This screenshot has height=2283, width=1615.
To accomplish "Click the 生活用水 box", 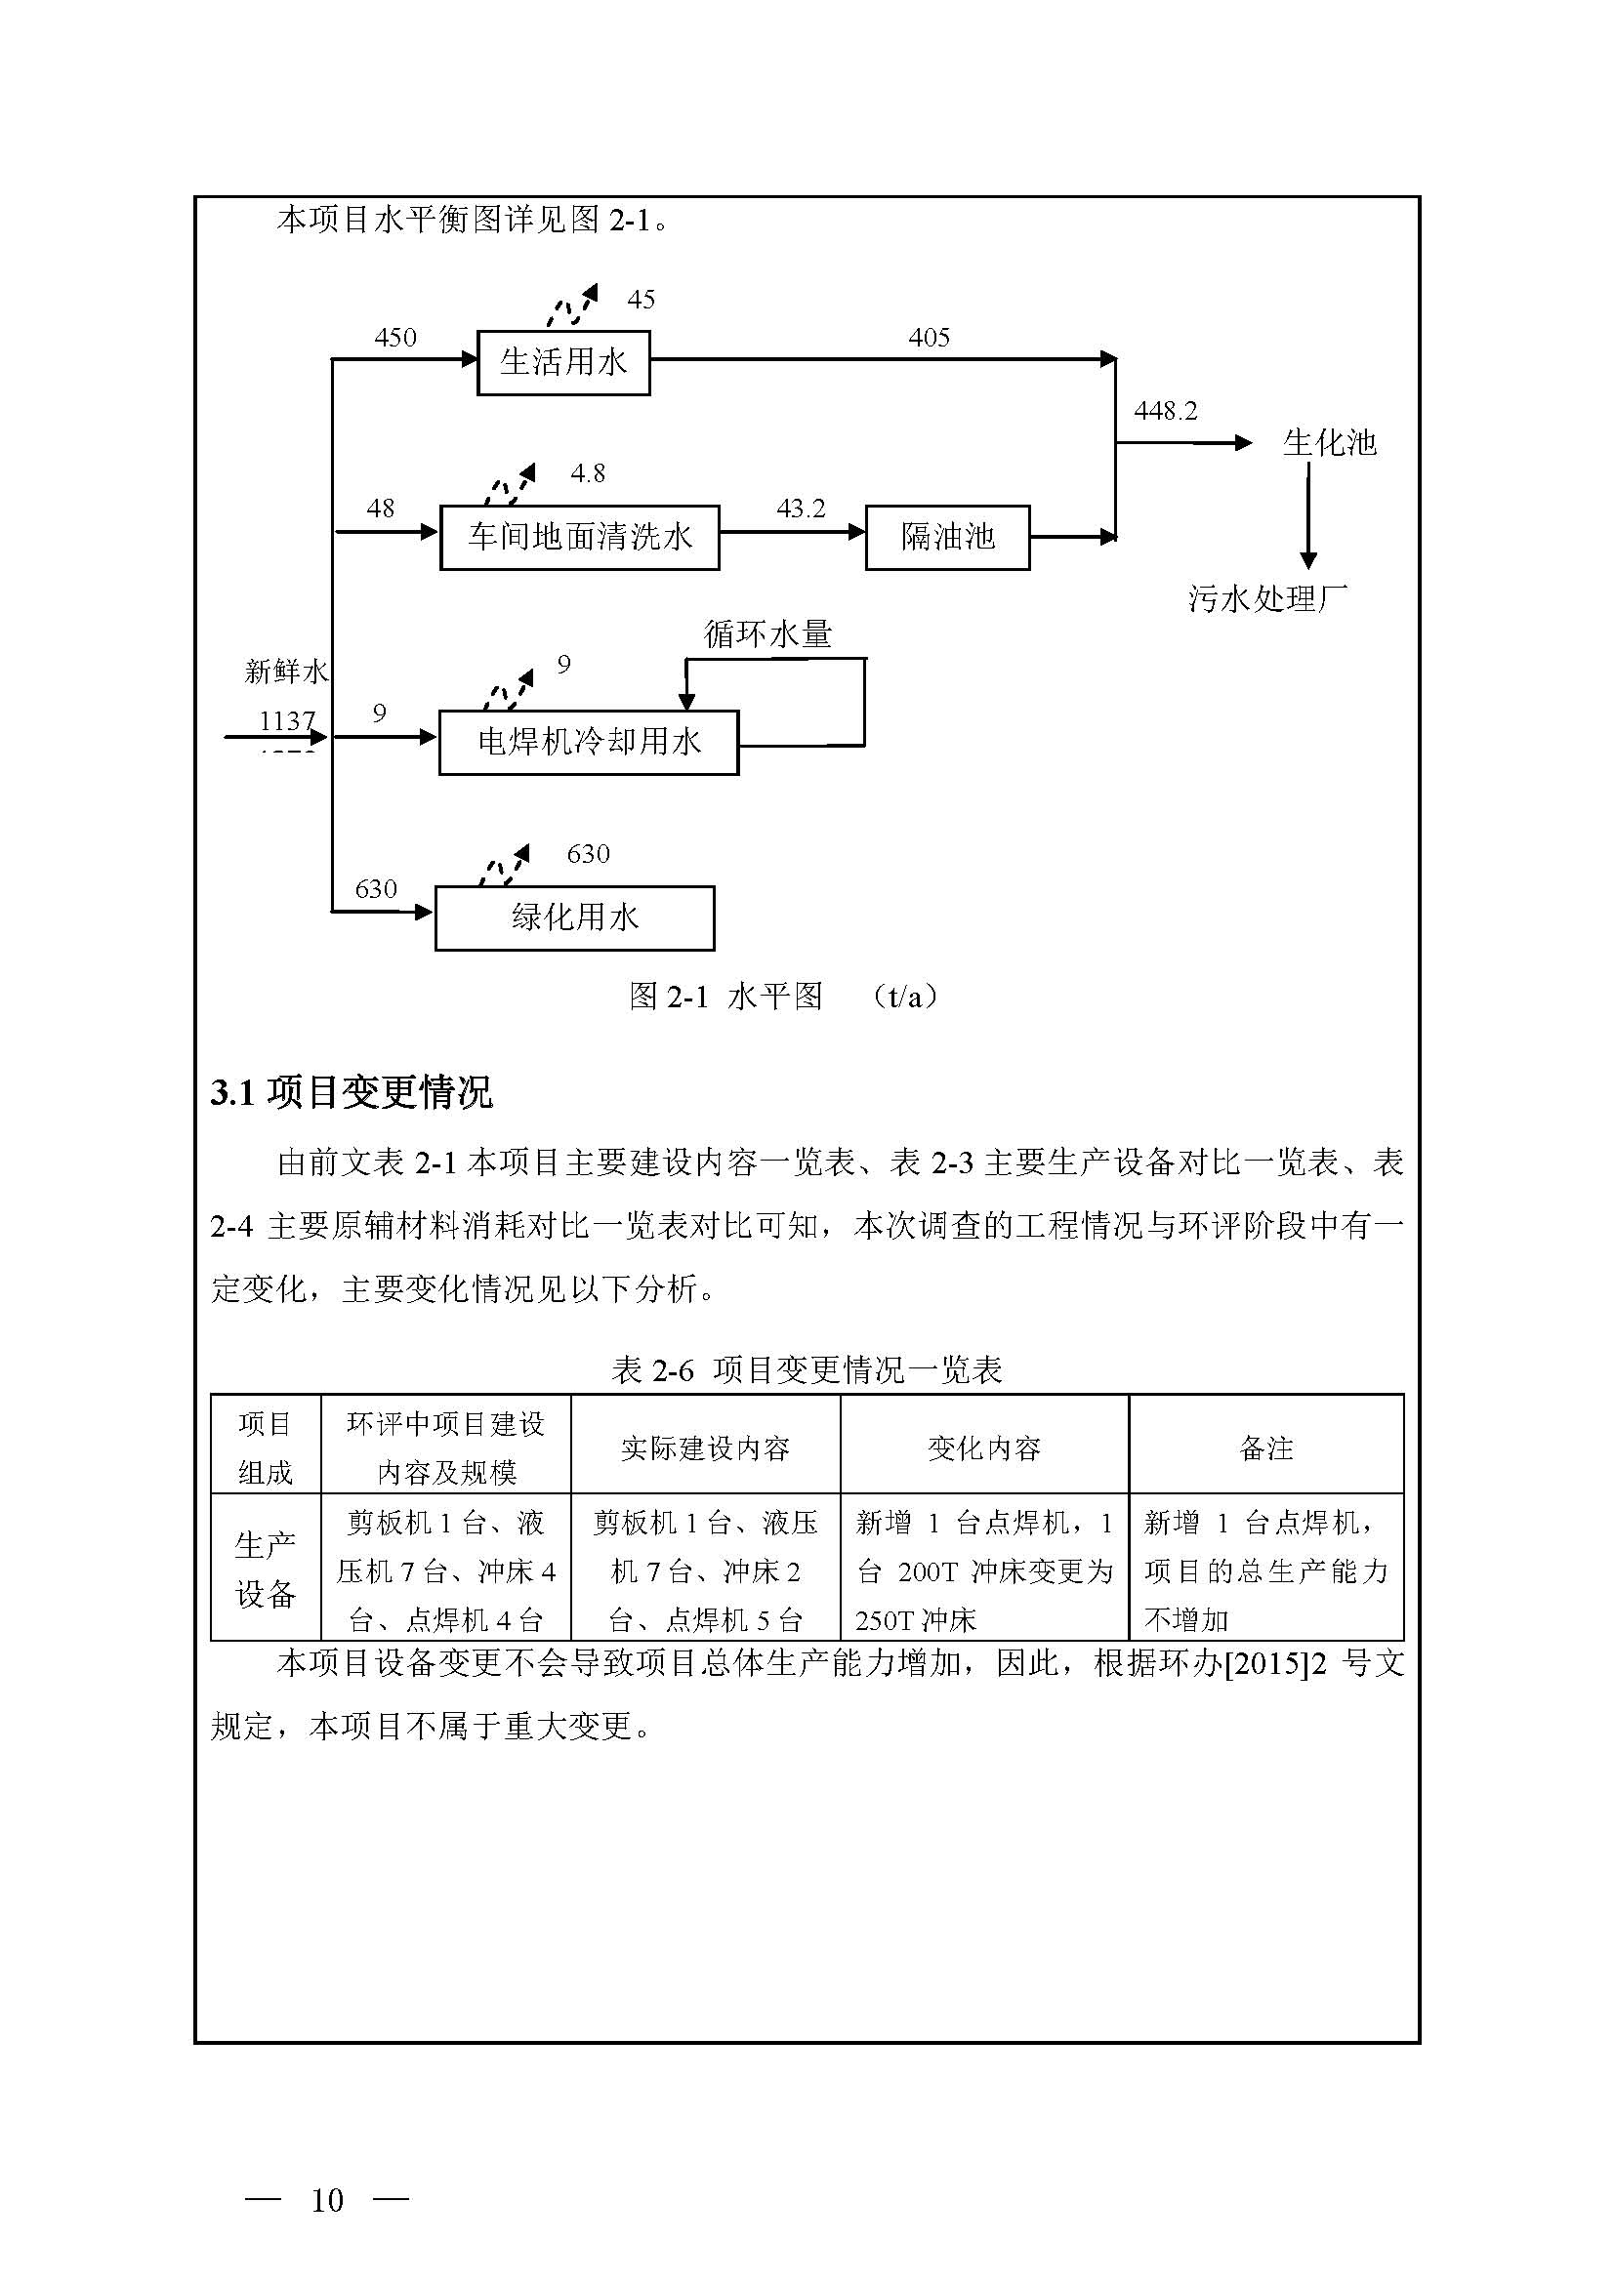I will point(562,362).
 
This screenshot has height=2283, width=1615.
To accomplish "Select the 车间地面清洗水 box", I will point(579,537).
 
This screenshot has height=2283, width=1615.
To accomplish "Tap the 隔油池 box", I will point(947,537).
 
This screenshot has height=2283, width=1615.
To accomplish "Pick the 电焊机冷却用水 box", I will point(589,742).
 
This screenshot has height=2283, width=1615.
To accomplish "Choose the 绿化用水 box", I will point(574,917).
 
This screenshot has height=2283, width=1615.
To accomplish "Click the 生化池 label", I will point(1329,442).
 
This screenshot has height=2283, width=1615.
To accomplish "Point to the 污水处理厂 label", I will point(1268,598).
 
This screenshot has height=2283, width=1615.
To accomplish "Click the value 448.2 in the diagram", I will point(1166,411).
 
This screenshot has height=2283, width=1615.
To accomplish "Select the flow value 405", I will point(929,338).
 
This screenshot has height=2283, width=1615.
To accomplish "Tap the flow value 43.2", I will point(801,510).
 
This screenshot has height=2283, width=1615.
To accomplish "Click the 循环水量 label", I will point(767,633).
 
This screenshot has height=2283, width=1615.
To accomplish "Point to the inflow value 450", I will point(394,338).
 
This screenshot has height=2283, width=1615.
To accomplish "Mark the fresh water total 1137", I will point(286,720).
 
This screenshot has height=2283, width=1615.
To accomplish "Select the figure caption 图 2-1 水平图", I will point(725,997).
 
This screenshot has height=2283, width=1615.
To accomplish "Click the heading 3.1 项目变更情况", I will point(352,1093).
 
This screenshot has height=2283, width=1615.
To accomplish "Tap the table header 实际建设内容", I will point(705,1448).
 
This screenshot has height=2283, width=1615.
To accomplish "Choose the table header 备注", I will point(1266,1448).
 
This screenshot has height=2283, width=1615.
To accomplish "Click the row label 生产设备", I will point(266,1571).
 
